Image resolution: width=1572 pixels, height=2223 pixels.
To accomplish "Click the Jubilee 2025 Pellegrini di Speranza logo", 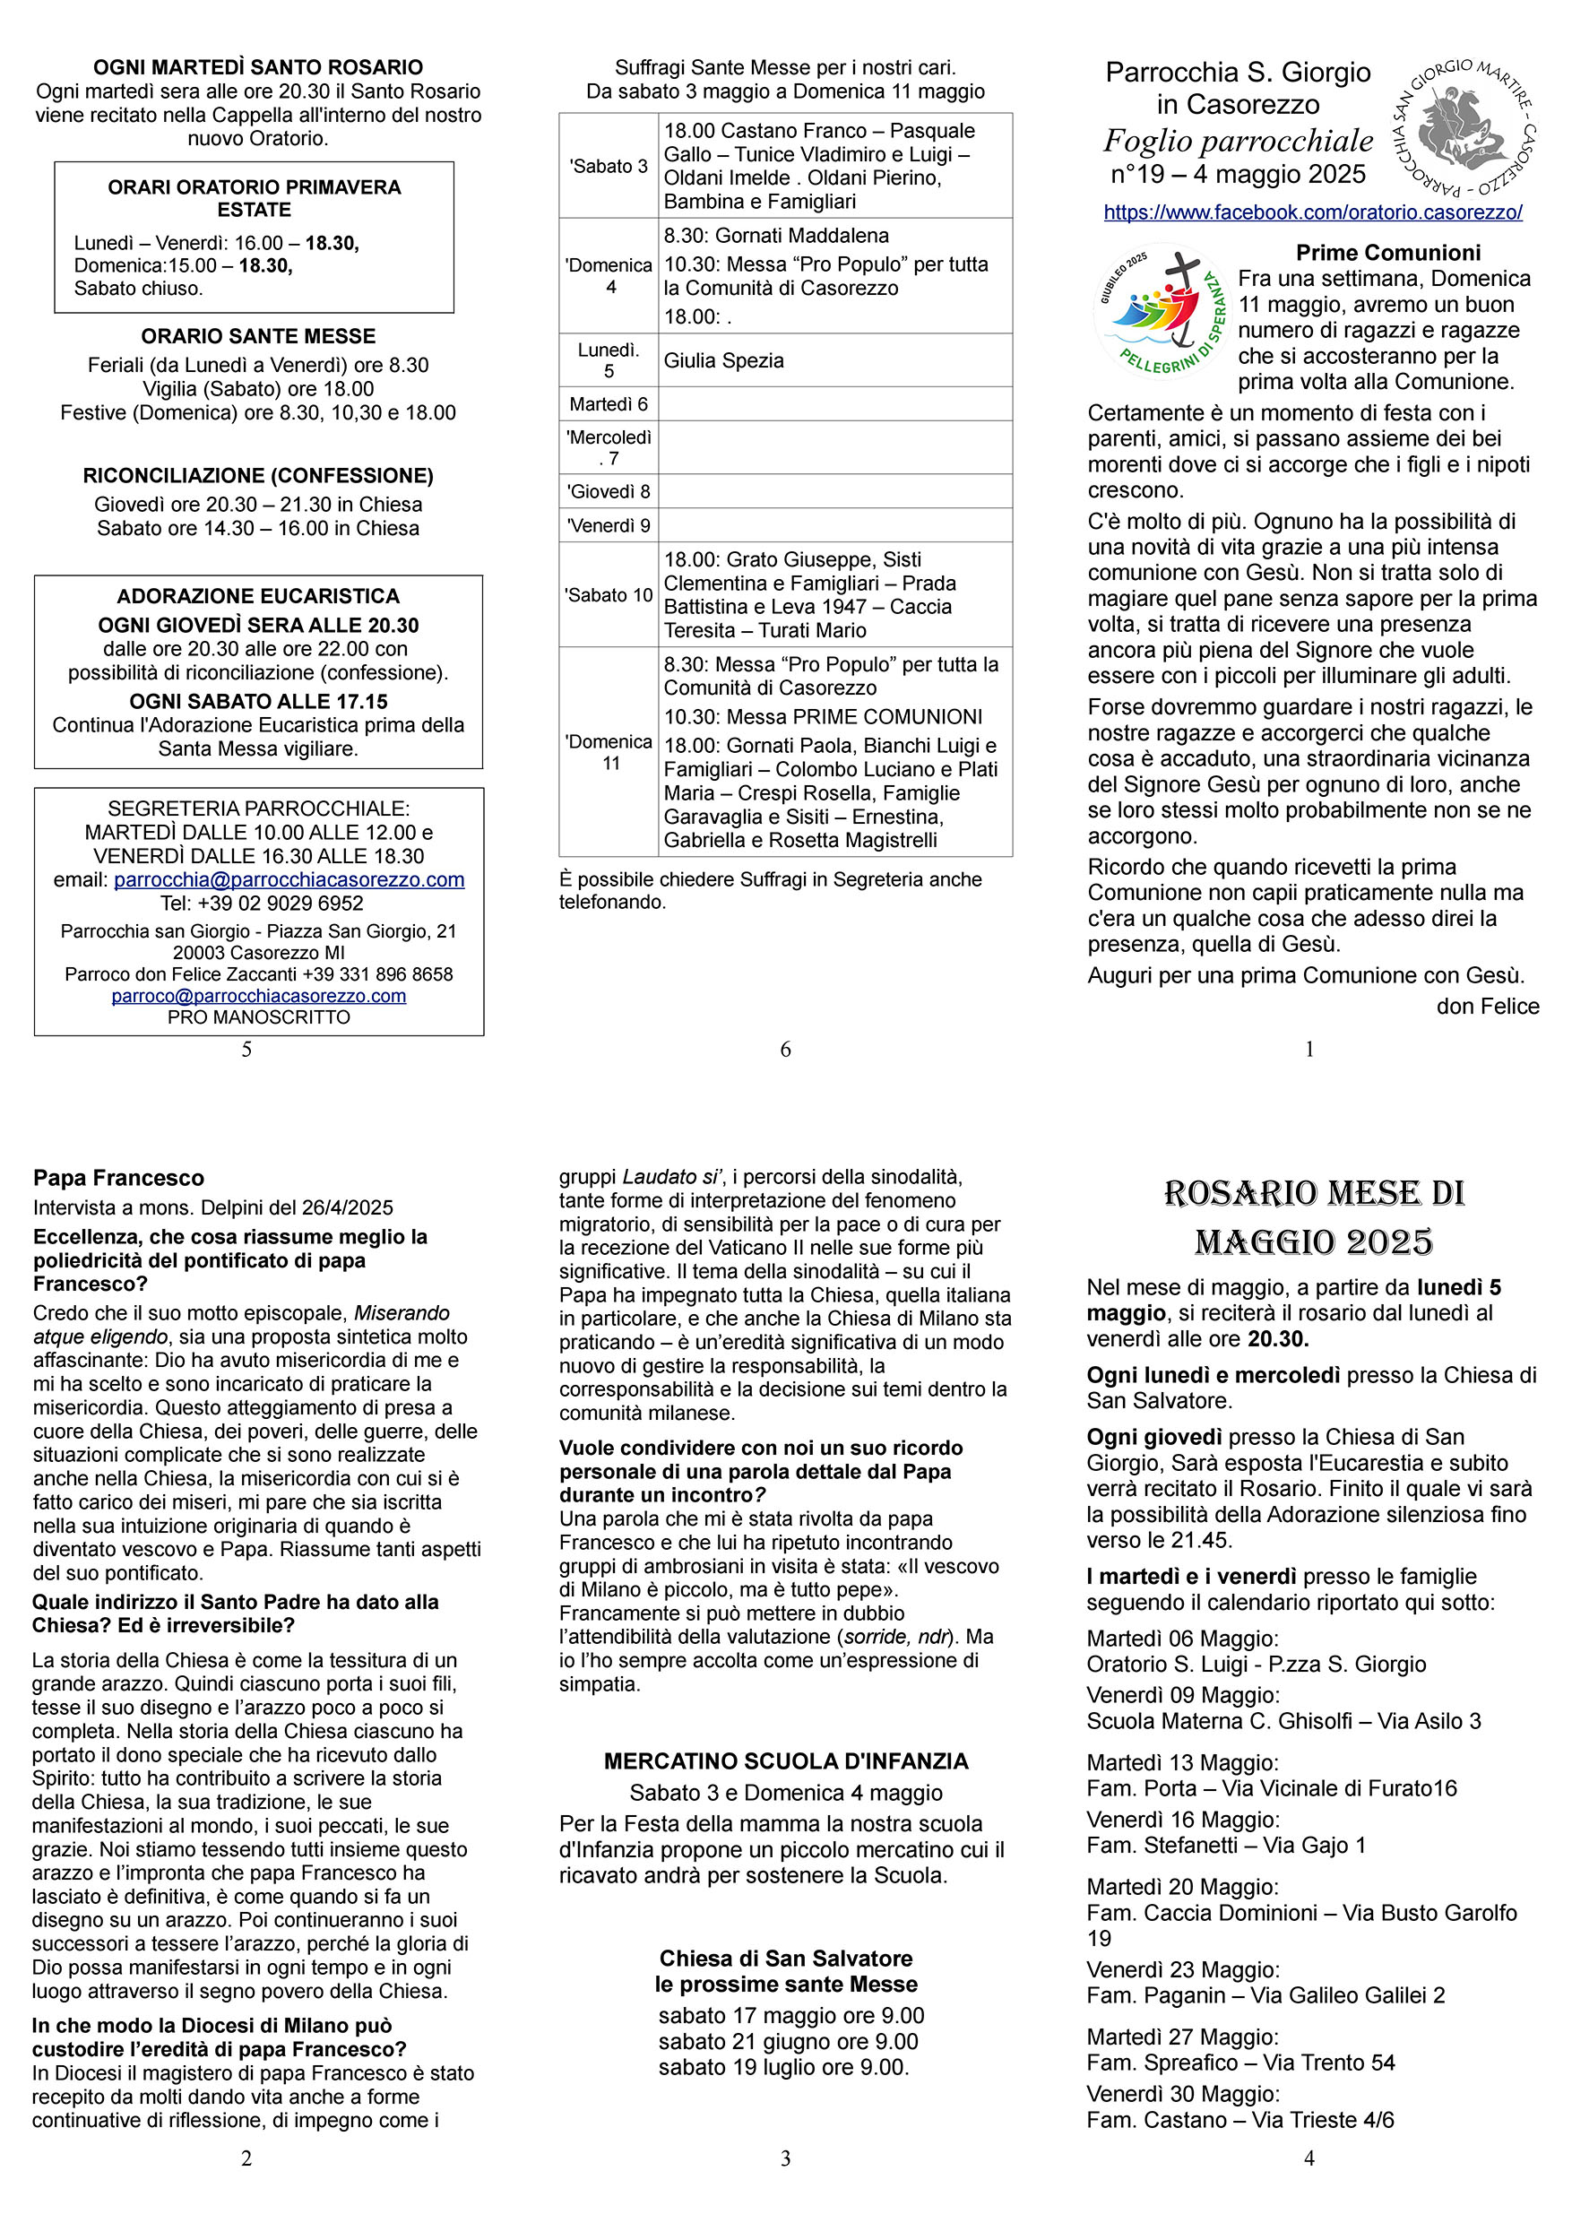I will pos(1160,312).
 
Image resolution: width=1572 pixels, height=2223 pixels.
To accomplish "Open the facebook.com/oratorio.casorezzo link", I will pos(1313,212).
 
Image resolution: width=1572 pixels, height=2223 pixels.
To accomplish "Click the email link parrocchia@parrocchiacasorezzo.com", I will pos(289,879).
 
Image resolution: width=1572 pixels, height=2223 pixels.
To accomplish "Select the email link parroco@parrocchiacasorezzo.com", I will pos(258,995).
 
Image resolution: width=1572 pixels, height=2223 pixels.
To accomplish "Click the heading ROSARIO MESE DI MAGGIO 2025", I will pos(1314,1217).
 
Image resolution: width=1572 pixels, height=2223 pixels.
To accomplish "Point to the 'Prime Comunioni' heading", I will pos(1388,253).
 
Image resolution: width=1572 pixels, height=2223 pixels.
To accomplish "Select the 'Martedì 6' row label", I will pos(608,403).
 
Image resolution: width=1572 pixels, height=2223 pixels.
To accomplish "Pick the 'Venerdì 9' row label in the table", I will pos(608,526).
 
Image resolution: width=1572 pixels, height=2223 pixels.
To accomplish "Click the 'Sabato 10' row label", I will pos(608,594).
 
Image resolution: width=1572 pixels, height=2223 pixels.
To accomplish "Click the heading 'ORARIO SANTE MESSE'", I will pos(257,336).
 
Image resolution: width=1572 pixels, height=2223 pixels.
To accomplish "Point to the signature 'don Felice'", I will pos(1487,1006).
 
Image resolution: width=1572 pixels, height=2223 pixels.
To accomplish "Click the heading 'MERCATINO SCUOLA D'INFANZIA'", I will pos(786,1761).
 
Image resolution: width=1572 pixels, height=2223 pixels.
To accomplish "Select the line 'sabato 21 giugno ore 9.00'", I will pos(788,2042).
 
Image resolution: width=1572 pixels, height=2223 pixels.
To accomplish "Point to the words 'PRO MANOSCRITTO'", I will pos(258,1016).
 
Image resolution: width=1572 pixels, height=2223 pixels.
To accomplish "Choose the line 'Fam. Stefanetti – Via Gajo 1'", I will pos(1225,1845).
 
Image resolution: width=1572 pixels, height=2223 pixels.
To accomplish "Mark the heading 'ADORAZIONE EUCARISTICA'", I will pos(257,595).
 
